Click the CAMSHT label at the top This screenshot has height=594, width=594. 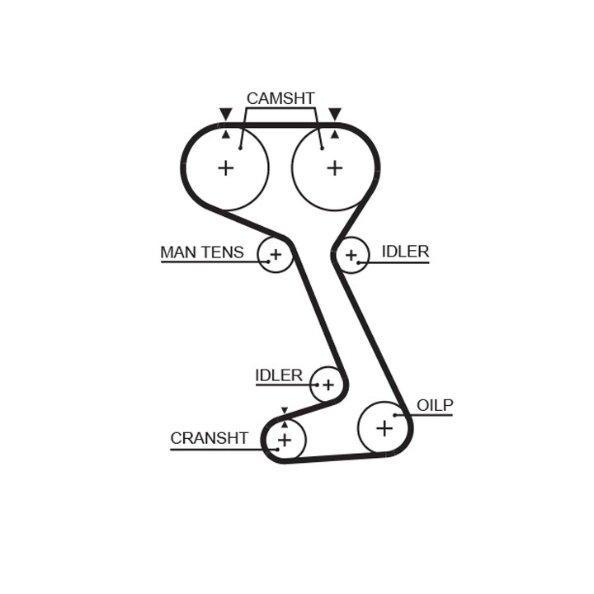coord(280,98)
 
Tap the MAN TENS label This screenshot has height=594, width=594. coord(202,252)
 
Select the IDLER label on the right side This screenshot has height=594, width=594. coord(405,252)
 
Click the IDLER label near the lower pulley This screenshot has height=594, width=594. coord(279,375)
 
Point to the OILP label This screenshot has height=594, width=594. coord(435,405)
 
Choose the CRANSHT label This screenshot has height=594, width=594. coord(209,438)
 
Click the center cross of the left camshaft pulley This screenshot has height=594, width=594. coord(226,167)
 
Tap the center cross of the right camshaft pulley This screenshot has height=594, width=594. coord(335,167)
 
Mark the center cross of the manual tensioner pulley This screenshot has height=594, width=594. coord(276,255)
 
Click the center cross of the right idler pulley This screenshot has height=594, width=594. coord(351,255)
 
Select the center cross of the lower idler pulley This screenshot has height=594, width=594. coord(328,385)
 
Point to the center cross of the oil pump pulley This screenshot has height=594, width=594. coord(384,428)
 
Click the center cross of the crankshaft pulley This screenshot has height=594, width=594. coord(285,441)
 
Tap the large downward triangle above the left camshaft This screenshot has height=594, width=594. coord(226,113)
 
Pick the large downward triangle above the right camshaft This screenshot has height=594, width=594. coord(335,113)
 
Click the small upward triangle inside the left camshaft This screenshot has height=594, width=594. coord(226,134)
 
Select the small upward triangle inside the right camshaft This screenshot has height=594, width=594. coord(335,134)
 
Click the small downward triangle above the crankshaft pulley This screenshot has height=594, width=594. coord(285,411)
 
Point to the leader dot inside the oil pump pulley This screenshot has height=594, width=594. coord(394,415)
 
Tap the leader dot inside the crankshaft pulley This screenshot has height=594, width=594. coord(278,450)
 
